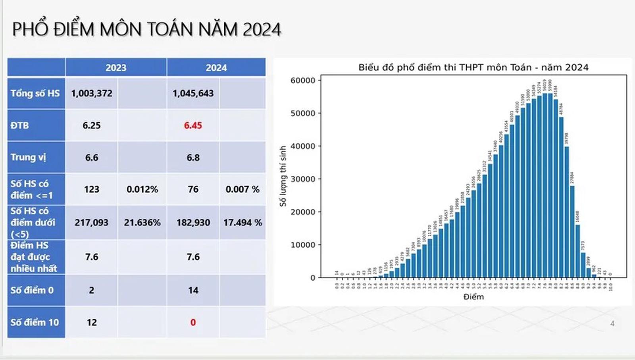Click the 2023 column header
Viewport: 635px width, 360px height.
pos(115,67)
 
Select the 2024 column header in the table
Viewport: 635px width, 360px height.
pos(216,67)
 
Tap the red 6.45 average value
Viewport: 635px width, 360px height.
pos(193,125)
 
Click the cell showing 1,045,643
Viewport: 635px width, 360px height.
pos(193,93)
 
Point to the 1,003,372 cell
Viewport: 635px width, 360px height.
pos(92,93)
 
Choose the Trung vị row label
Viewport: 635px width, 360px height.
pos(28,157)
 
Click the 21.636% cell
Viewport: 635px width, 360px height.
pos(142,223)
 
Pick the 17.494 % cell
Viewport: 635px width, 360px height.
pos(242,223)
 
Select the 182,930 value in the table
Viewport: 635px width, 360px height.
pos(193,223)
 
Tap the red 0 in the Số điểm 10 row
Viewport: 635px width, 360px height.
pos(193,322)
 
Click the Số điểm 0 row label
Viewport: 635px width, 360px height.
pos(32,290)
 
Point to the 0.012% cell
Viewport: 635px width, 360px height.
pos(142,189)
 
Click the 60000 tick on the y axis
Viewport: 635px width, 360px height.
pos(303,81)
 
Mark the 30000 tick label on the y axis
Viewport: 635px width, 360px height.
pos(303,179)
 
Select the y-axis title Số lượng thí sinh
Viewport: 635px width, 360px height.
pos(283,176)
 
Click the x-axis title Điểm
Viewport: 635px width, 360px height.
pos(473,296)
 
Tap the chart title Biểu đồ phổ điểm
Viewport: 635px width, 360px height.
pos(473,67)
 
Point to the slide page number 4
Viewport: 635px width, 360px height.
pos(612,323)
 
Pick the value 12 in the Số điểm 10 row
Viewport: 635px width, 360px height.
pos(92,322)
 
